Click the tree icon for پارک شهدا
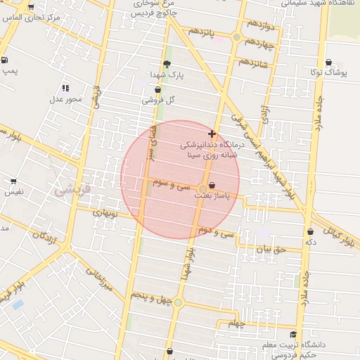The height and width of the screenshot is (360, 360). point(167,64)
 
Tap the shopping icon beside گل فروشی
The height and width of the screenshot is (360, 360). point(157,90)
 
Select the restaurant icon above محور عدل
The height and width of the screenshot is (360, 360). point(65,88)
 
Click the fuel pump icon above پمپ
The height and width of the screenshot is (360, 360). point(6,60)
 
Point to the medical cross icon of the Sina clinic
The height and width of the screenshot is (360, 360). point(212,133)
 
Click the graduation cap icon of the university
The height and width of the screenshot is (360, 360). point(293,334)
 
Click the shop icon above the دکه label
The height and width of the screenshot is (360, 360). point(310,231)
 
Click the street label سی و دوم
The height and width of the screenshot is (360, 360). point(214,230)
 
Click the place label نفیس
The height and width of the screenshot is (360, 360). point(13,191)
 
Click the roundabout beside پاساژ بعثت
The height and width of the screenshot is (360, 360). point(203,188)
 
